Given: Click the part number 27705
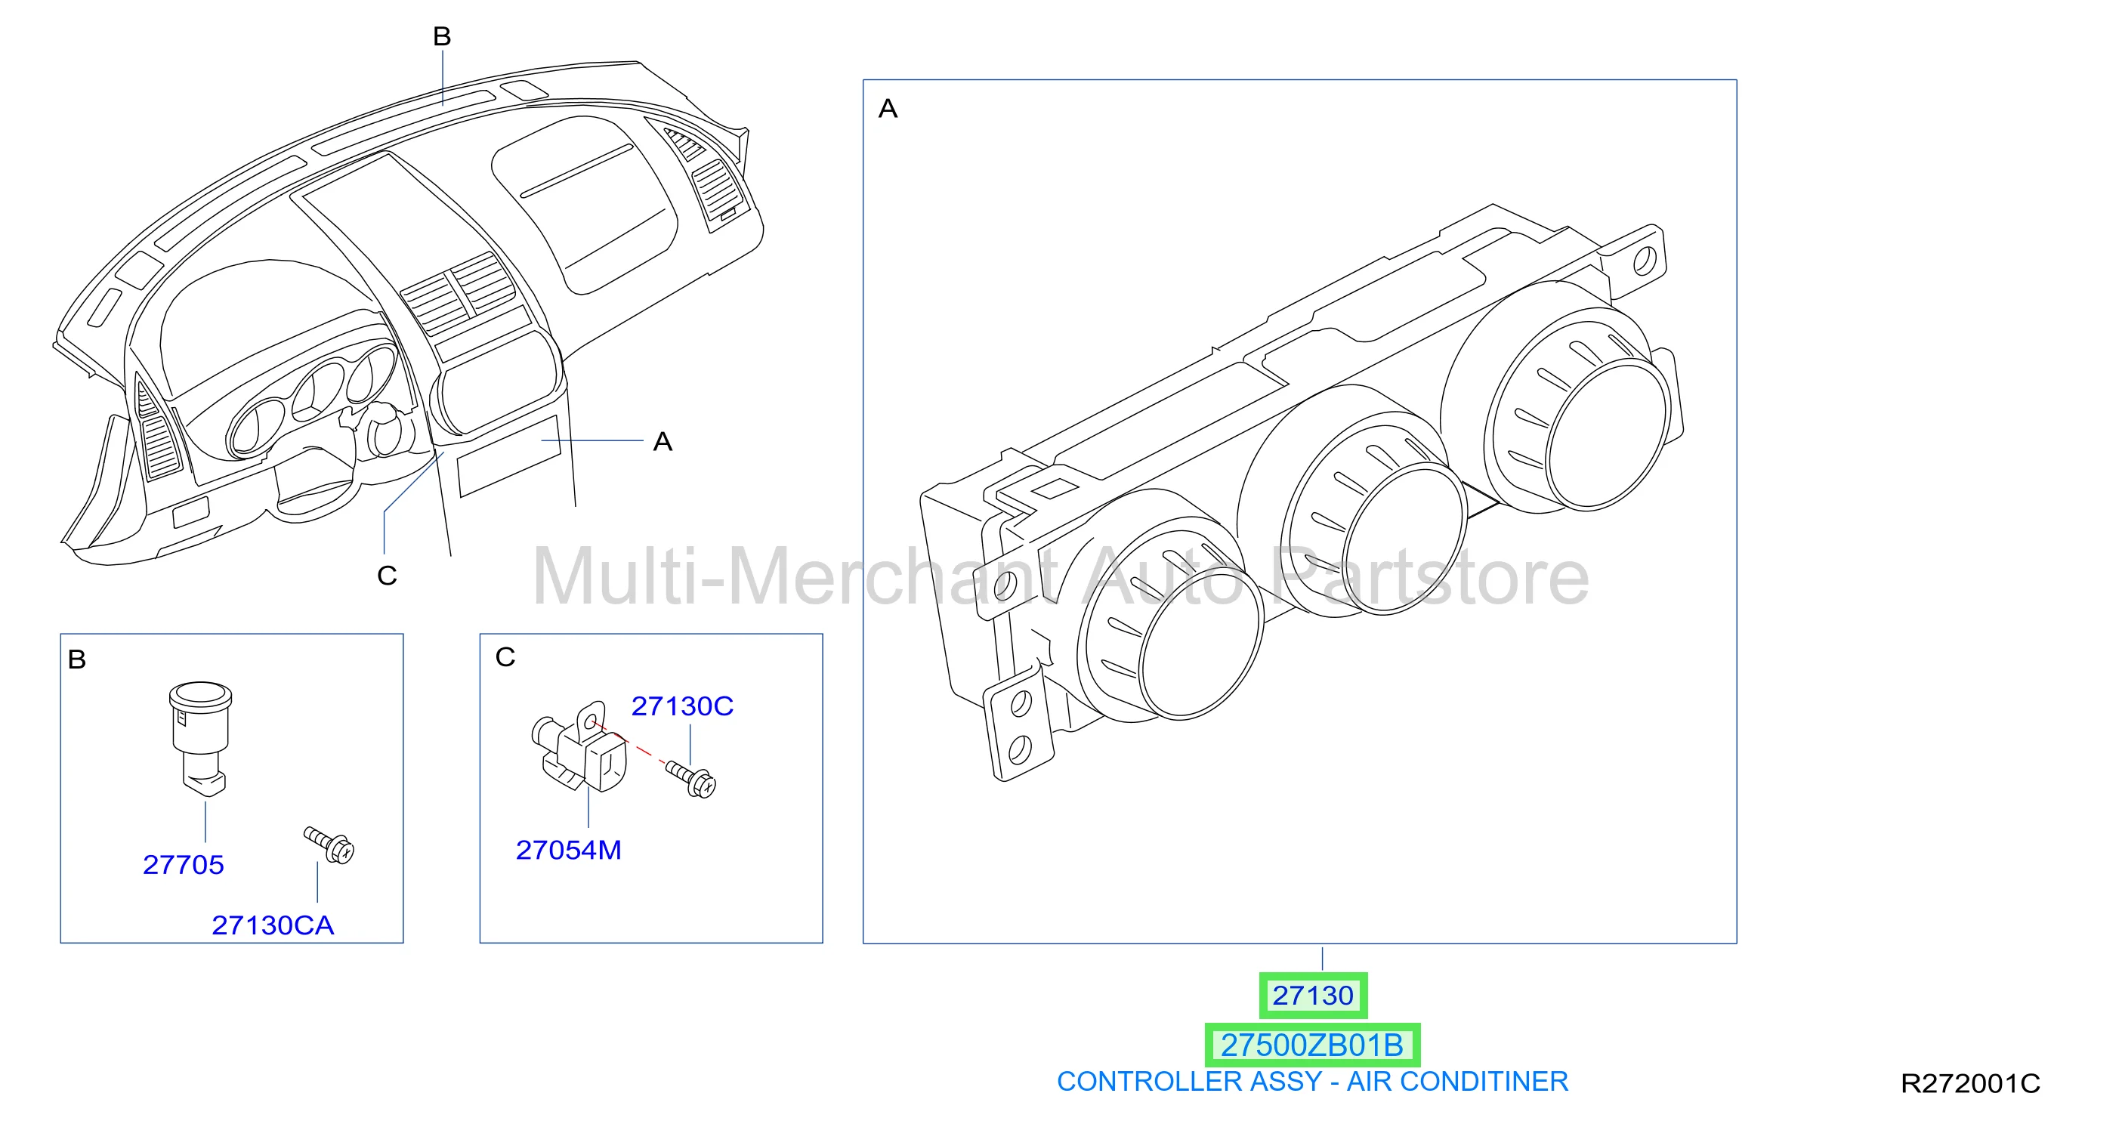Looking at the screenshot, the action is [183, 865].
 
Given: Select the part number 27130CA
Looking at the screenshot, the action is [273, 926].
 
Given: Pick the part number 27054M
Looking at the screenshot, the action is [568, 850].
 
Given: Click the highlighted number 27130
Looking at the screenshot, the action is [1313, 996].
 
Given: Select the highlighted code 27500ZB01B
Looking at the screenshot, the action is [1312, 1045].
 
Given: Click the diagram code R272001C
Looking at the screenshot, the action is [1970, 1084].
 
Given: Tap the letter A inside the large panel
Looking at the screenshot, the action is [888, 109].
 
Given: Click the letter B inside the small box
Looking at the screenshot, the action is [76, 659].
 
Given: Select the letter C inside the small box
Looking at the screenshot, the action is [505, 657].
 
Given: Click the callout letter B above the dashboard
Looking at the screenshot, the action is [443, 36].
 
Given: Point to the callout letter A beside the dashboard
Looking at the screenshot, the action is [663, 443].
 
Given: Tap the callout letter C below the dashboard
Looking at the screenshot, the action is [388, 576].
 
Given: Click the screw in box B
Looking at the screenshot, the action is [329, 845].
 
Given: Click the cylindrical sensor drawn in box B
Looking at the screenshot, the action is [200, 738].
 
